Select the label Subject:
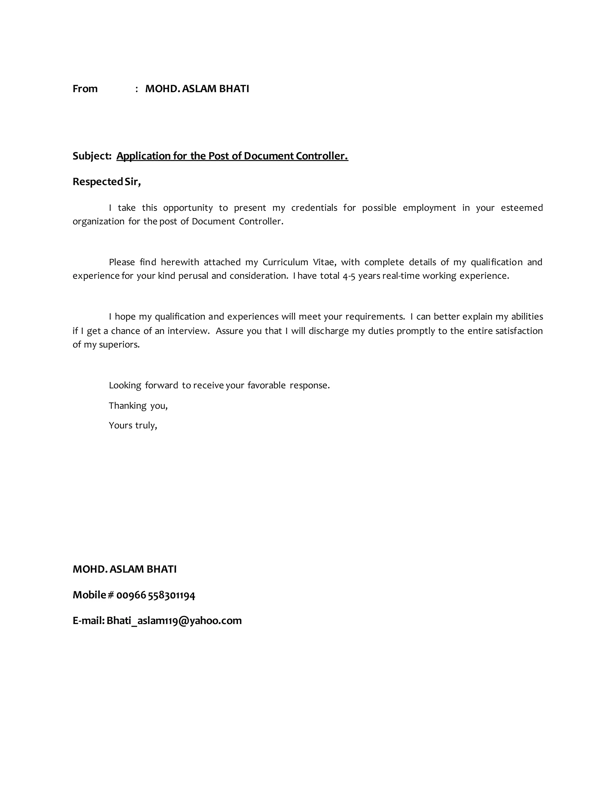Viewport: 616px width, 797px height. [92, 156]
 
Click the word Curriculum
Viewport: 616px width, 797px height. [285, 262]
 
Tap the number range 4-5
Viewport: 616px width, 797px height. [349, 276]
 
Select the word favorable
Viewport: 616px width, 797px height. [266, 385]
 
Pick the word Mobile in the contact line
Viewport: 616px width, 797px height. [89, 595]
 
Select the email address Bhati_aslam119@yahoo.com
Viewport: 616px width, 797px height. [174, 621]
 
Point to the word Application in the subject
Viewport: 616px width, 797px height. [143, 156]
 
